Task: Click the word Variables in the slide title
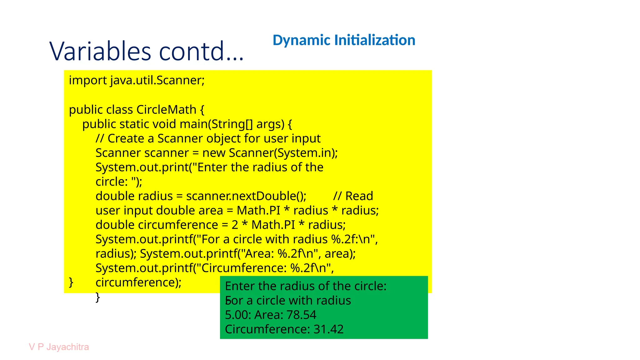(101, 51)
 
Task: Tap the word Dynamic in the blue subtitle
(301, 40)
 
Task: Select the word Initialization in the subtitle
(375, 40)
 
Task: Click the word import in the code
(88, 81)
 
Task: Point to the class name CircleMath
(166, 110)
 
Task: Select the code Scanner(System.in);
(283, 153)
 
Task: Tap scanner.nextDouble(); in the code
(246, 196)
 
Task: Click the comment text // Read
(353, 196)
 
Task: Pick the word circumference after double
(178, 225)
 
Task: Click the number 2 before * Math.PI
(235, 225)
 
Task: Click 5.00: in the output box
(237, 315)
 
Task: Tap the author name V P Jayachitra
(59, 347)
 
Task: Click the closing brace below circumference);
(98, 297)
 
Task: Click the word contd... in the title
(201, 51)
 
